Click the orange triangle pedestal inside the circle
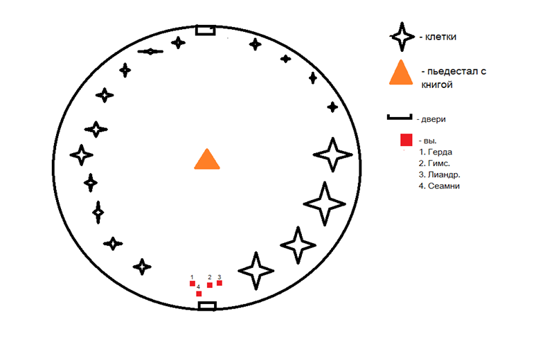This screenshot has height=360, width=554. point(207,159)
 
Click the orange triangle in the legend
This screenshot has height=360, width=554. point(401,73)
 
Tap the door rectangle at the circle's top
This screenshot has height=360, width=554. point(206,30)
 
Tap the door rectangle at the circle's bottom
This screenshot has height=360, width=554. point(207,306)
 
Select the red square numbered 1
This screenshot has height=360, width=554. point(193,283)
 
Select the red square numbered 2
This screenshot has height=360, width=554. point(210,285)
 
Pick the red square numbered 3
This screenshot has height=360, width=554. point(220,283)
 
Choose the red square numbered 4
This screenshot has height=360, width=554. point(199,294)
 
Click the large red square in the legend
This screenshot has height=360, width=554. point(406,140)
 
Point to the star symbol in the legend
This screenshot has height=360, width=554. point(402,37)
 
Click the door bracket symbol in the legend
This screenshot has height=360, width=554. point(400,117)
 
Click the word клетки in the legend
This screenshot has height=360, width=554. point(440,37)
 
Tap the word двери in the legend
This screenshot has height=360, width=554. point(434,119)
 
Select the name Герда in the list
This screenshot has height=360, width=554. point(440,152)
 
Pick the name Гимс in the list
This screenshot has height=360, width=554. point(439,163)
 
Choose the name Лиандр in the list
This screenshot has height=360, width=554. point(444,175)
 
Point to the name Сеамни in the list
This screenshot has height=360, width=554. point(444,186)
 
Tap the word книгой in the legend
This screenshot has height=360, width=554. point(437,84)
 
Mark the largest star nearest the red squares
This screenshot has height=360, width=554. point(256,271)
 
